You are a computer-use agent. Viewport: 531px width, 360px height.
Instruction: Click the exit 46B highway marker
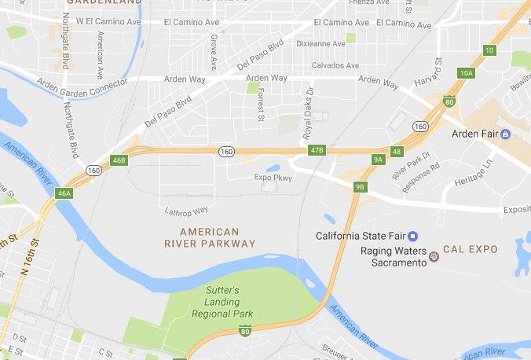119,160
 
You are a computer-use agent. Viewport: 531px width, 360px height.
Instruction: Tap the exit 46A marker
64,193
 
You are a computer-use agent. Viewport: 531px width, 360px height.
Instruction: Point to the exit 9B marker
360,186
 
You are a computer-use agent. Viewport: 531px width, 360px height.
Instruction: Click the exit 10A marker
467,73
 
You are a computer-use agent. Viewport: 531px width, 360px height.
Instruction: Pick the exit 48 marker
397,151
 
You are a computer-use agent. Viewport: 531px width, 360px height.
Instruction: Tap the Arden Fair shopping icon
506,134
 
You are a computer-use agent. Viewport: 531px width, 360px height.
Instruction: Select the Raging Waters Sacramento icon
433,255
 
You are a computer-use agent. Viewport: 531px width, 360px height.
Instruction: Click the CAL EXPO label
471,249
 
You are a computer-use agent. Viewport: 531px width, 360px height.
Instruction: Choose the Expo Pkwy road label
273,178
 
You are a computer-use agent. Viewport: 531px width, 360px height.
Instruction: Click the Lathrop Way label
186,211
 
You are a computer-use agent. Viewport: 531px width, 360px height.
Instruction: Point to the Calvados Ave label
335,65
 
